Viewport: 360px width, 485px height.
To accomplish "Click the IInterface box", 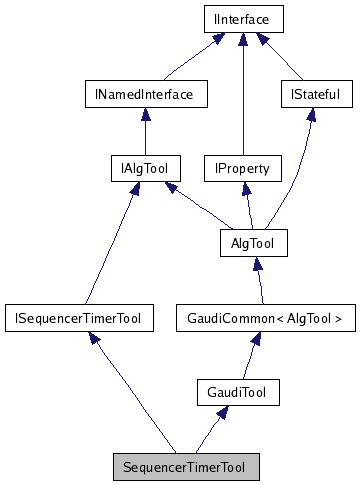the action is [x=242, y=19].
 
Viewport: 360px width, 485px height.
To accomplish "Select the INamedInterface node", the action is [x=145, y=95].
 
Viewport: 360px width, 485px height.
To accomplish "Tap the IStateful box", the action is [x=310, y=95].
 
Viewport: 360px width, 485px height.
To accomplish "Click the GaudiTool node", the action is [x=237, y=391].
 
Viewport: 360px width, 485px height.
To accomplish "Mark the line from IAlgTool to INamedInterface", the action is [x=145, y=131].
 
